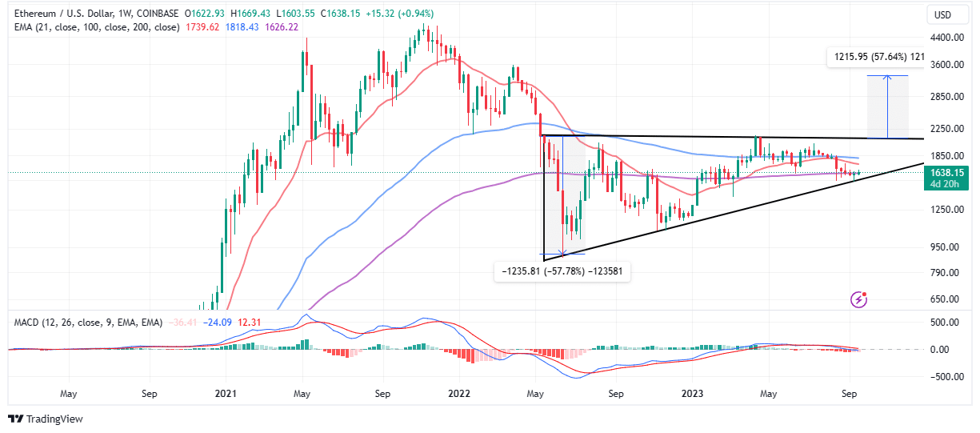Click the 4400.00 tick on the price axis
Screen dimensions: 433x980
944,38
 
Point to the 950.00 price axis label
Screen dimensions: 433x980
944,247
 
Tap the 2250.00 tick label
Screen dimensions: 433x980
944,128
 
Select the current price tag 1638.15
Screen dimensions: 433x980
945,171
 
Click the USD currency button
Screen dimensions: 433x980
944,15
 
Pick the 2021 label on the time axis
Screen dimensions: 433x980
226,394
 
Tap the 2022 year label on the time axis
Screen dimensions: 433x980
458,394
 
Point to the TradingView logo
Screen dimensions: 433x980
46,419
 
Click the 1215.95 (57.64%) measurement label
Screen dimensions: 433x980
872,57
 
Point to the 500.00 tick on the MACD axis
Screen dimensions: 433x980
944,323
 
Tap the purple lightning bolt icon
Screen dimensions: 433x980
860,299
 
